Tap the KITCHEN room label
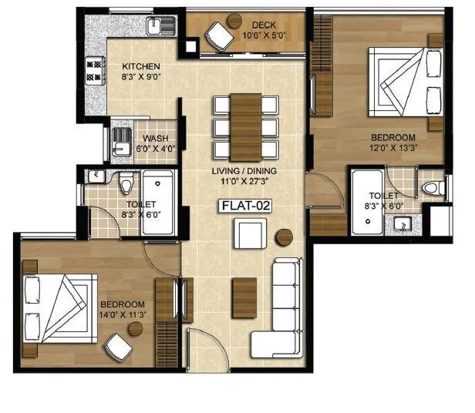click(x=140, y=67)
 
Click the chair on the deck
click(x=220, y=35)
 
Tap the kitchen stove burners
click(x=94, y=71)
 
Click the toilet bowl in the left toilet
click(x=126, y=182)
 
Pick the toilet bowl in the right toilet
click(x=433, y=187)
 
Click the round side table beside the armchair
click(x=285, y=237)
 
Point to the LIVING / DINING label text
click(x=245, y=171)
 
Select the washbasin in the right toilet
click(x=402, y=224)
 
